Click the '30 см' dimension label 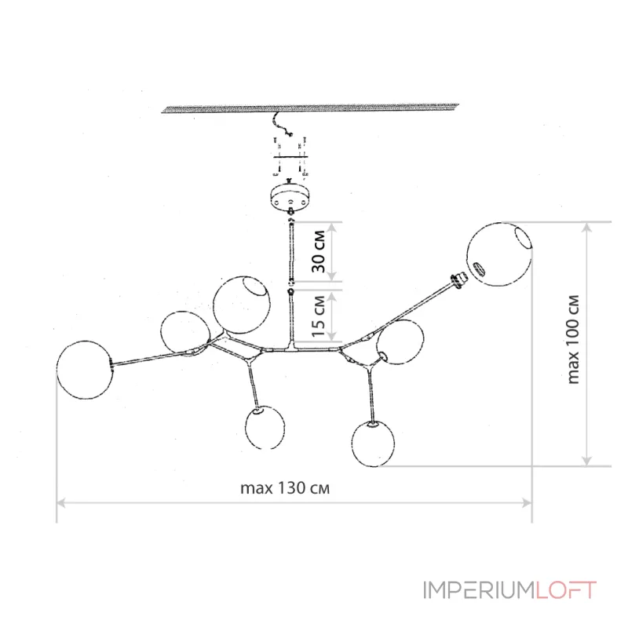(x=319, y=251)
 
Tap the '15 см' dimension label (x=319, y=316)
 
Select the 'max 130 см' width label (x=285, y=488)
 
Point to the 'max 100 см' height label (x=573, y=339)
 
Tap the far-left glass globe (x=85, y=370)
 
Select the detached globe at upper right (x=499, y=254)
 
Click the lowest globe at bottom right (x=373, y=444)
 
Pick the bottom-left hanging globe (x=265, y=427)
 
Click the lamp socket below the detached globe (x=458, y=279)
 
